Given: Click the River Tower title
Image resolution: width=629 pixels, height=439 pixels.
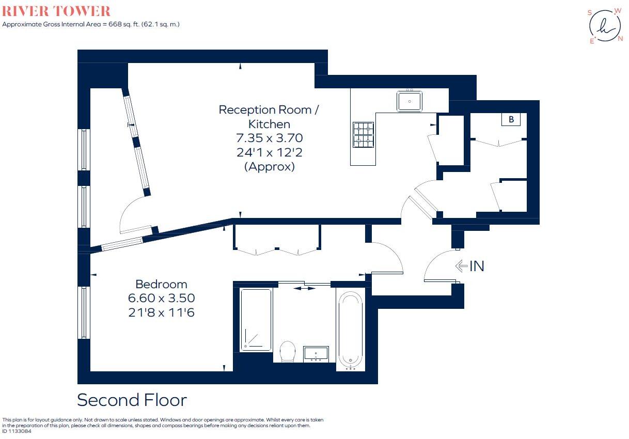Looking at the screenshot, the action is (x=56, y=11).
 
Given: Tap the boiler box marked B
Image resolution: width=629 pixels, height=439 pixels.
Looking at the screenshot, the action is (x=511, y=119).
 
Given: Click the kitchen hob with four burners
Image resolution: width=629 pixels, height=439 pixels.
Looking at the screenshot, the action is (x=363, y=134).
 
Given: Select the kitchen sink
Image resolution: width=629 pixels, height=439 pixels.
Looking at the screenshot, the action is (x=410, y=101).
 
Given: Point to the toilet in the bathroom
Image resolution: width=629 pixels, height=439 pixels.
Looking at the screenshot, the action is (x=288, y=351).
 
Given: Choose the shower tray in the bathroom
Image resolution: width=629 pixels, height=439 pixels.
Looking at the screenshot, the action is (x=256, y=320).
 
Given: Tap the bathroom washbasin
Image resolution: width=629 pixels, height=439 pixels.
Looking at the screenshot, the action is (x=316, y=354).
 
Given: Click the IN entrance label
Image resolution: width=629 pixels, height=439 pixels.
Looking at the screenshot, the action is (x=477, y=266).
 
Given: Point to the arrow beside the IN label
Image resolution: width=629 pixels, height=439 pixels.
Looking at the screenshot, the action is (x=461, y=266).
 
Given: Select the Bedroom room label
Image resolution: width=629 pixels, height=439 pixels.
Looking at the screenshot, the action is (x=161, y=284).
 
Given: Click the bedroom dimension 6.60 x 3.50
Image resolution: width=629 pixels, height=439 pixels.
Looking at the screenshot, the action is (x=161, y=298).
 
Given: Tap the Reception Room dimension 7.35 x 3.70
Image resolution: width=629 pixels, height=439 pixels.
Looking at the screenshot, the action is (x=269, y=138).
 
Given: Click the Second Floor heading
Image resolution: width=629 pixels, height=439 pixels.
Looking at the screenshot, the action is (x=132, y=400).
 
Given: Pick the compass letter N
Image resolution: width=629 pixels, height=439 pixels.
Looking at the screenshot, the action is (x=621, y=39).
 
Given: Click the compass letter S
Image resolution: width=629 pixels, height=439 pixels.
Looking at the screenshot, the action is (x=590, y=12).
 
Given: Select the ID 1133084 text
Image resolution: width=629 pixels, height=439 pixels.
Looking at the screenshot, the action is (x=17, y=431).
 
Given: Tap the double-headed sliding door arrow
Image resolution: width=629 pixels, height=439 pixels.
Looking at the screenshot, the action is (x=304, y=288).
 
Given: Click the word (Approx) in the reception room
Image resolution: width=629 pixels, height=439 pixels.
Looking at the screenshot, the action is (x=269, y=166).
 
